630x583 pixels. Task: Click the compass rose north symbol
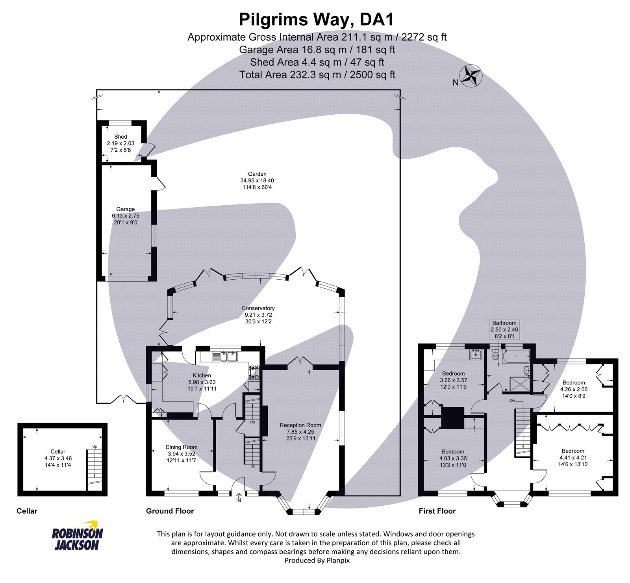tap(471, 76)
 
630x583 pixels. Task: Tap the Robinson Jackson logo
tap(77, 538)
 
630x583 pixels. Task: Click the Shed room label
tap(120, 137)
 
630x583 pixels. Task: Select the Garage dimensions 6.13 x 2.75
tap(125, 216)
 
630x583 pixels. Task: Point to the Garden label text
tap(257, 174)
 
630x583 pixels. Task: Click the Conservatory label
tap(258, 308)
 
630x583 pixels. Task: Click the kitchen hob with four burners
tap(254, 372)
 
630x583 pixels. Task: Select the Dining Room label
tap(181, 447)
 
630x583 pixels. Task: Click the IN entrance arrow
tap(239, 498)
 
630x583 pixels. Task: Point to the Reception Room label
tap(300, 425)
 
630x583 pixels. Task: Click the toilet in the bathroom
tap(495, 356)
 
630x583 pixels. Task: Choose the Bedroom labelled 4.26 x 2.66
tap(573, 382)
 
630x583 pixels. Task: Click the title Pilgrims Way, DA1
tap(317, 19)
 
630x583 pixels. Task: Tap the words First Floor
tap(437, 511)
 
